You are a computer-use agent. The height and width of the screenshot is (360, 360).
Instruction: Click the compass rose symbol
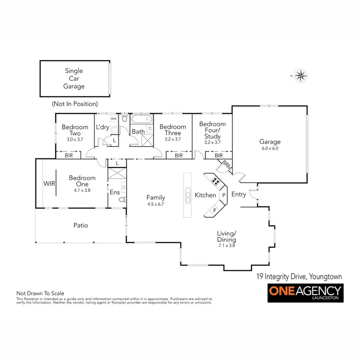pos(301,75)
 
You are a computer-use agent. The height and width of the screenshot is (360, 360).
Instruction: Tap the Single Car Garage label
pos(74,79)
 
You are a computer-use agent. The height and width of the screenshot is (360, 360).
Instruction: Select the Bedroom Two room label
pos(75,130)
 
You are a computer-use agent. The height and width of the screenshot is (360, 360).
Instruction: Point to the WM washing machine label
pos(114,118)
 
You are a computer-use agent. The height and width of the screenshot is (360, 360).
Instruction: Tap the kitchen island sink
pos(187,195)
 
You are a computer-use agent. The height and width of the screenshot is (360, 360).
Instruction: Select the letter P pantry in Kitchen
pos(223,195)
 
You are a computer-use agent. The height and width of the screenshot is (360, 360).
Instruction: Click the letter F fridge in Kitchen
pos(215,209)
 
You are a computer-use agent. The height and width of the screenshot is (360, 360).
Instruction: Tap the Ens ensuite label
pos(115,192)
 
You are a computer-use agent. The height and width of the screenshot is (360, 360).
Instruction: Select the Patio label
pos(80,225)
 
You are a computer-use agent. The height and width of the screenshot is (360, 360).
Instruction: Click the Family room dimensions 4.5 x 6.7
pos(156,204)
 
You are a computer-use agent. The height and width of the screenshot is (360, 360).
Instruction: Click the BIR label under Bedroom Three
pos(179,156)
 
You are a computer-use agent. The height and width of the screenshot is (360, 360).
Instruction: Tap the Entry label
pos(239,194)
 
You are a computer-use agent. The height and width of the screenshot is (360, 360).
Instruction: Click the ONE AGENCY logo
pos(304,292)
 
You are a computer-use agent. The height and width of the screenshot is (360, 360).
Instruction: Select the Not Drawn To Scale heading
pos(40,293)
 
